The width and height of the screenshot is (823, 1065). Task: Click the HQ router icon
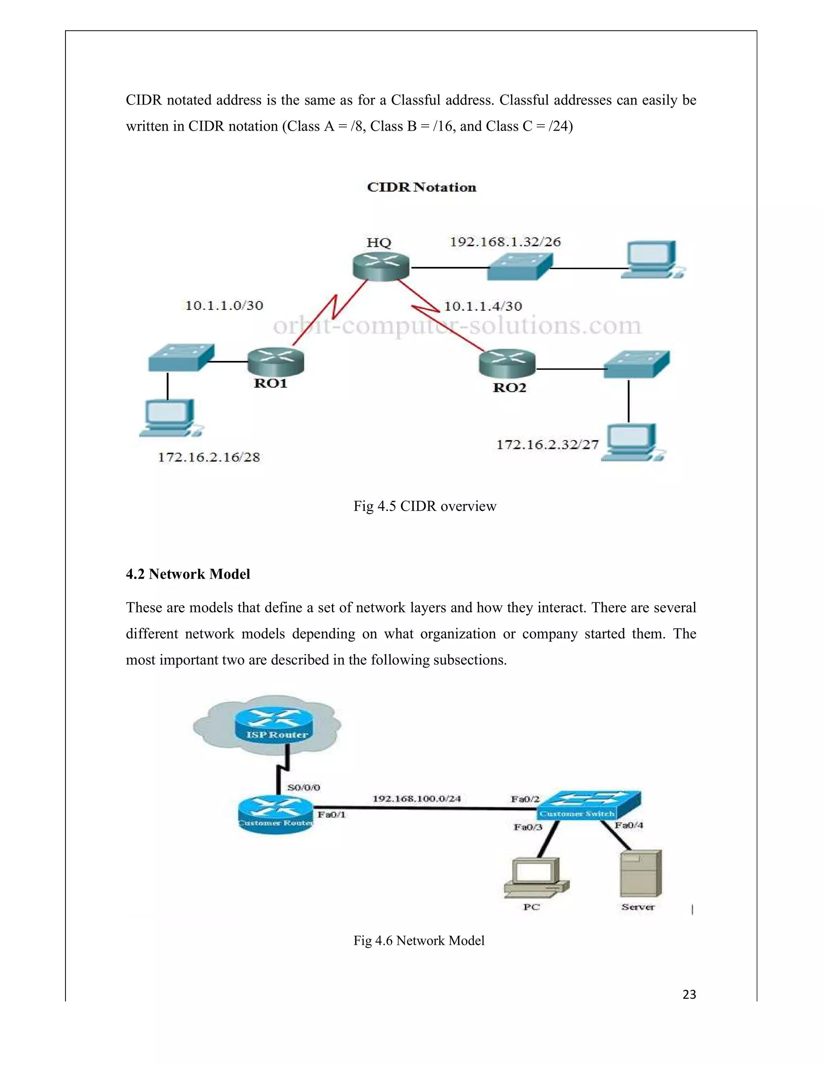point(380,267)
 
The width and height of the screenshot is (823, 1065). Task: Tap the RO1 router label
point(270,383)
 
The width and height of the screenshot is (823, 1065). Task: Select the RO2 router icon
point(507,363)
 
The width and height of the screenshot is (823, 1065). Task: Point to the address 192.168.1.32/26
point(505,242)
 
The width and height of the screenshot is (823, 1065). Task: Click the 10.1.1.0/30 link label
point(224,306)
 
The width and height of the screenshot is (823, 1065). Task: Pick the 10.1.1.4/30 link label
point(483,306)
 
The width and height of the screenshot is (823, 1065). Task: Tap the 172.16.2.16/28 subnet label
point(209,457)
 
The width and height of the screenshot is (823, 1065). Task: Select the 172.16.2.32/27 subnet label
point(547,445)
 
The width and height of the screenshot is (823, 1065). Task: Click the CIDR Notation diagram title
point(421,187)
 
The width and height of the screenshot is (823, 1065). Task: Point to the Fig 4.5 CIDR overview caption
point(425,506)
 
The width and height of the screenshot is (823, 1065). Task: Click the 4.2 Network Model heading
point(188,574)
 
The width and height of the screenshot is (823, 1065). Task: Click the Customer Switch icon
point(589,805)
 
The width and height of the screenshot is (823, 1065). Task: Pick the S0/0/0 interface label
point(303,788)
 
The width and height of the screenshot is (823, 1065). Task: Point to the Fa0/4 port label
point(629,825)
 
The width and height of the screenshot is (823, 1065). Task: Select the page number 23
point(689,994)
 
